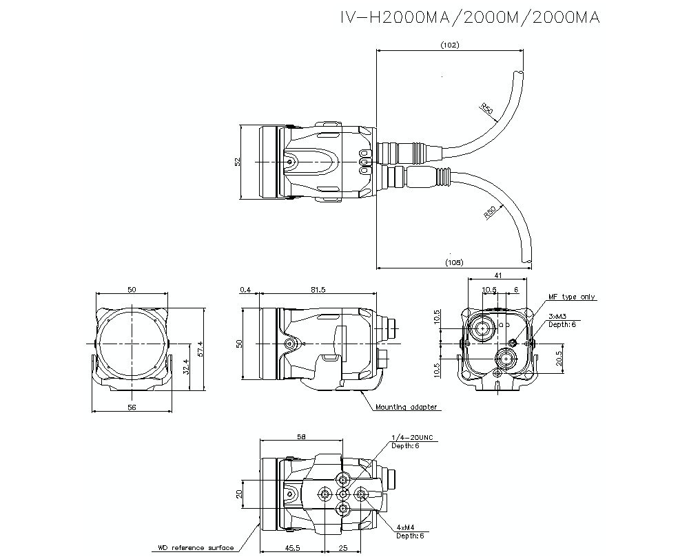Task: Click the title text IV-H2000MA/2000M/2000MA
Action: (470, 17)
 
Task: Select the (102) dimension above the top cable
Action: (449, 45)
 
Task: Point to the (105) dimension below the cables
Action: (454, 262)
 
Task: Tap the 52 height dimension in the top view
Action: (237, 162)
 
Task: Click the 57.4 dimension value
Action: (200, 348)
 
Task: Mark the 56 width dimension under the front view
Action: (132, 408)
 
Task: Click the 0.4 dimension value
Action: (245, 291)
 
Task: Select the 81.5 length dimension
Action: (318, 291)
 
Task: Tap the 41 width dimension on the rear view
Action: (498, 275)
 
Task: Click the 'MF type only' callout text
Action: (572, 297)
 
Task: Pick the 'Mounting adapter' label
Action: (406, 407)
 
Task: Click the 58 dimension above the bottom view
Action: (300, 436)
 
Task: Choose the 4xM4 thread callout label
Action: (406, 527)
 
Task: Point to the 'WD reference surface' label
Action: (195, 548)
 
